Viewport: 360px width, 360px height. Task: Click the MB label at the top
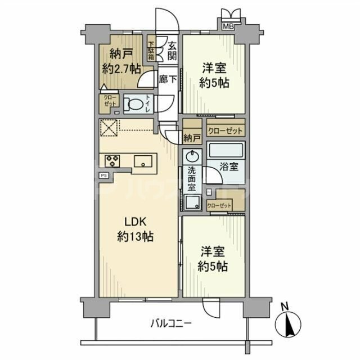[229, 26]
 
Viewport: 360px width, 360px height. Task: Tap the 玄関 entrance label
[172, 49]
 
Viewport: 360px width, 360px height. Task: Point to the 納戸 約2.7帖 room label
[120, 62]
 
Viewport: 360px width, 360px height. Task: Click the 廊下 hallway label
[167, 80]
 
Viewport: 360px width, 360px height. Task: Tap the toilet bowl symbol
[133, 104]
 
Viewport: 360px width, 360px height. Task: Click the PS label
[104, 175]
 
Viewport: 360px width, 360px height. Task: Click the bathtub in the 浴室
[226, 150]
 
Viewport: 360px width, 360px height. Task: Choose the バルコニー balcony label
[172, 324]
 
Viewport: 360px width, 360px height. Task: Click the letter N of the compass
[285, 307]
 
